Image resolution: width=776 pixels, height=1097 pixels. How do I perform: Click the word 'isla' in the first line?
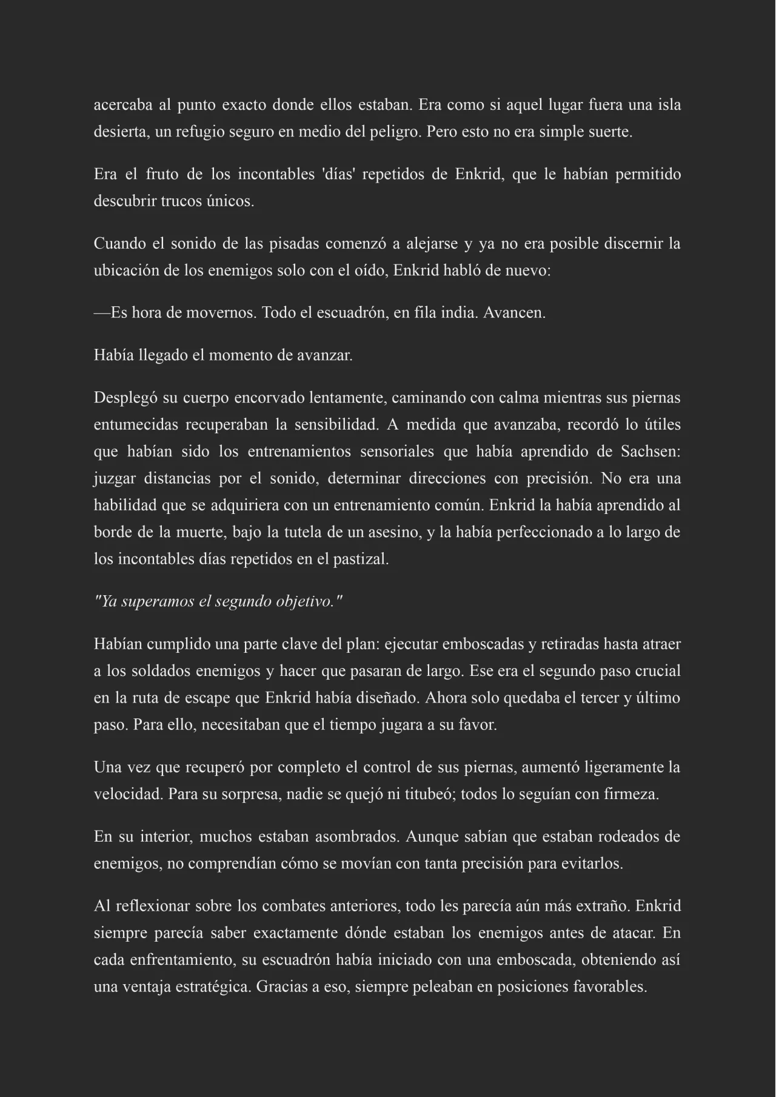click(x=669, y=105)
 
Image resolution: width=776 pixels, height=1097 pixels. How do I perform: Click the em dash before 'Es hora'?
click(x=102, y=313)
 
